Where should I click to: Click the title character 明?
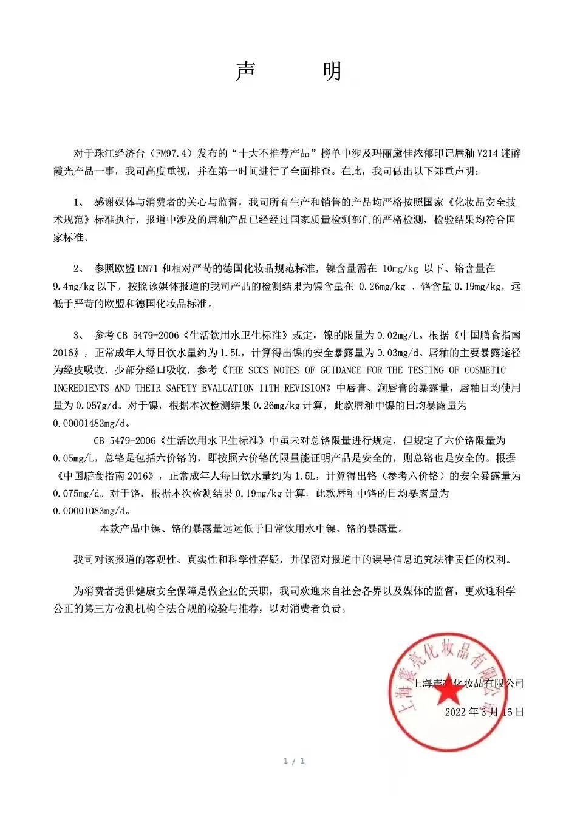click(x=332, y=72)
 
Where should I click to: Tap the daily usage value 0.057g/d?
click(x=94, y=405)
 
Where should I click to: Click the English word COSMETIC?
click(x=485, y=370)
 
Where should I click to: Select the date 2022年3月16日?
click(x=484, y=712)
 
